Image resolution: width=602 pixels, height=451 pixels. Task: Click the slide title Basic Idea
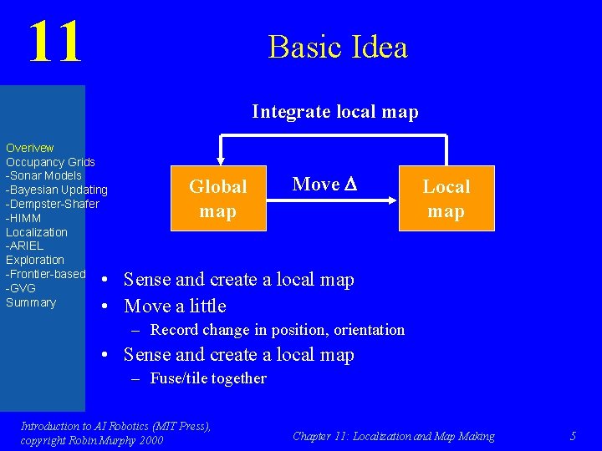(x=338, y=47)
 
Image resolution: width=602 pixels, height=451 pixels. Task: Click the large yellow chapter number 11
(x=55, y=42)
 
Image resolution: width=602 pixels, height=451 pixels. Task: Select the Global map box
(x=217, y=199)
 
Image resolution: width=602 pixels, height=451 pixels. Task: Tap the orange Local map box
(x=446, y=199)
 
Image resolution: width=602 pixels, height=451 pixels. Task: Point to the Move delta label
(x=324, y=185)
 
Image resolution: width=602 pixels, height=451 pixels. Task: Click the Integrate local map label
(x=334, y=111)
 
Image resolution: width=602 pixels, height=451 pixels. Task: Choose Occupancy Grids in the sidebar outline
(x=50, y=162)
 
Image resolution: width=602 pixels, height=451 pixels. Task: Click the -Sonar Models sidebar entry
(x=43, y=176)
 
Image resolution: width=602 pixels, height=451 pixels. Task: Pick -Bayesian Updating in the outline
(x=57, y=190)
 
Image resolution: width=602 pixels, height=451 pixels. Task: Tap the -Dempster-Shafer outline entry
(x=53, y=205)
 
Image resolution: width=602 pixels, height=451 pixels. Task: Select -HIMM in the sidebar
(x=23, y=219)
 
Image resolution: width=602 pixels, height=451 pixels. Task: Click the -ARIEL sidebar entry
(x=25, y=246)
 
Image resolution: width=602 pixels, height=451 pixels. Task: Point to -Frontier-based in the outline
(x=46, y=275)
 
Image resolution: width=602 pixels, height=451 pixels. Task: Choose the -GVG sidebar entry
(x=21, y=289)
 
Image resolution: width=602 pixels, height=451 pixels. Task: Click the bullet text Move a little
(x=175, y=306)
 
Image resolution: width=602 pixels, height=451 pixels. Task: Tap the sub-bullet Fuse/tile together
(x=208, y=378)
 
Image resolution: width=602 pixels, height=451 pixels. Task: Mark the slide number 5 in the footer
(x=573, y=436)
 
